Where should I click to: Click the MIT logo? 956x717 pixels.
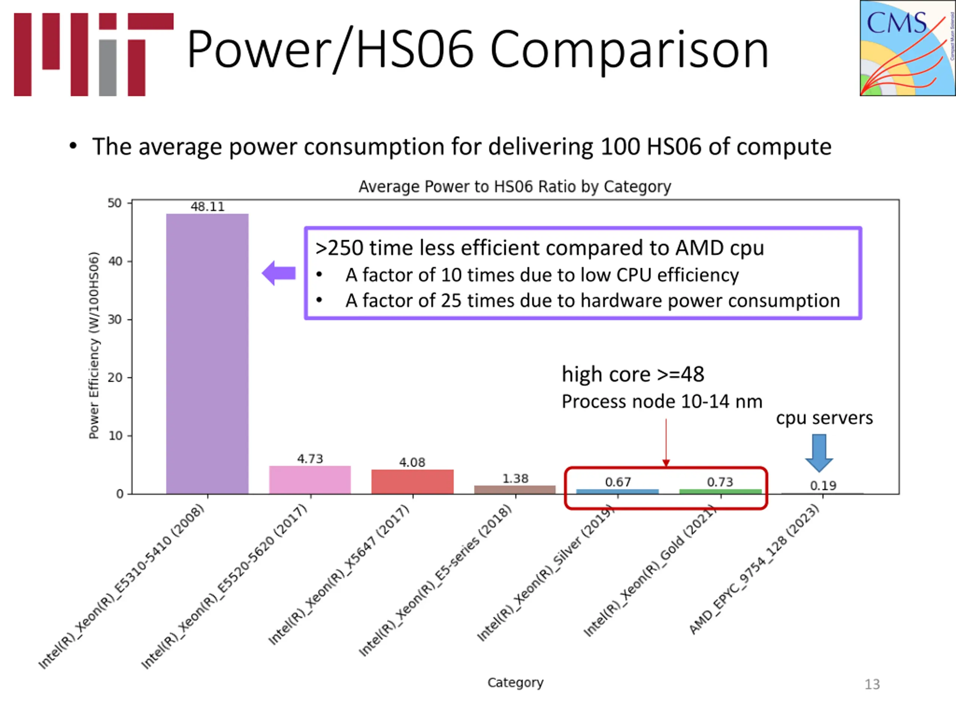tap(93, 55)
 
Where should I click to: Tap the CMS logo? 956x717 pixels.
tap(907, 48)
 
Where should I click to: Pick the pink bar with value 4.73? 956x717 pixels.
tap(310, 480)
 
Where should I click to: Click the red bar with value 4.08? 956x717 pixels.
tap(412, 481)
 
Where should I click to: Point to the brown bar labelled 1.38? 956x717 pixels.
tap(515, 489)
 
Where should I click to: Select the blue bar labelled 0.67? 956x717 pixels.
tap(617, 491)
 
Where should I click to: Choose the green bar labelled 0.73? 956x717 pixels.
tap(720, 491)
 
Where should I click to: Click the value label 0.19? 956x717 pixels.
tap(823, 485)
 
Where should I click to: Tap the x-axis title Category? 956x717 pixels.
tap(515, 682)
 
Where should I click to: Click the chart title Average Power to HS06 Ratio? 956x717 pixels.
tap(515, 186)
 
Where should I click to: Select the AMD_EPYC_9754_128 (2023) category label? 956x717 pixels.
tap(754, 569)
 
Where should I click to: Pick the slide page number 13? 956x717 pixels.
tap(872, 684)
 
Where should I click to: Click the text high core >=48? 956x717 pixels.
tap(633, 374)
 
